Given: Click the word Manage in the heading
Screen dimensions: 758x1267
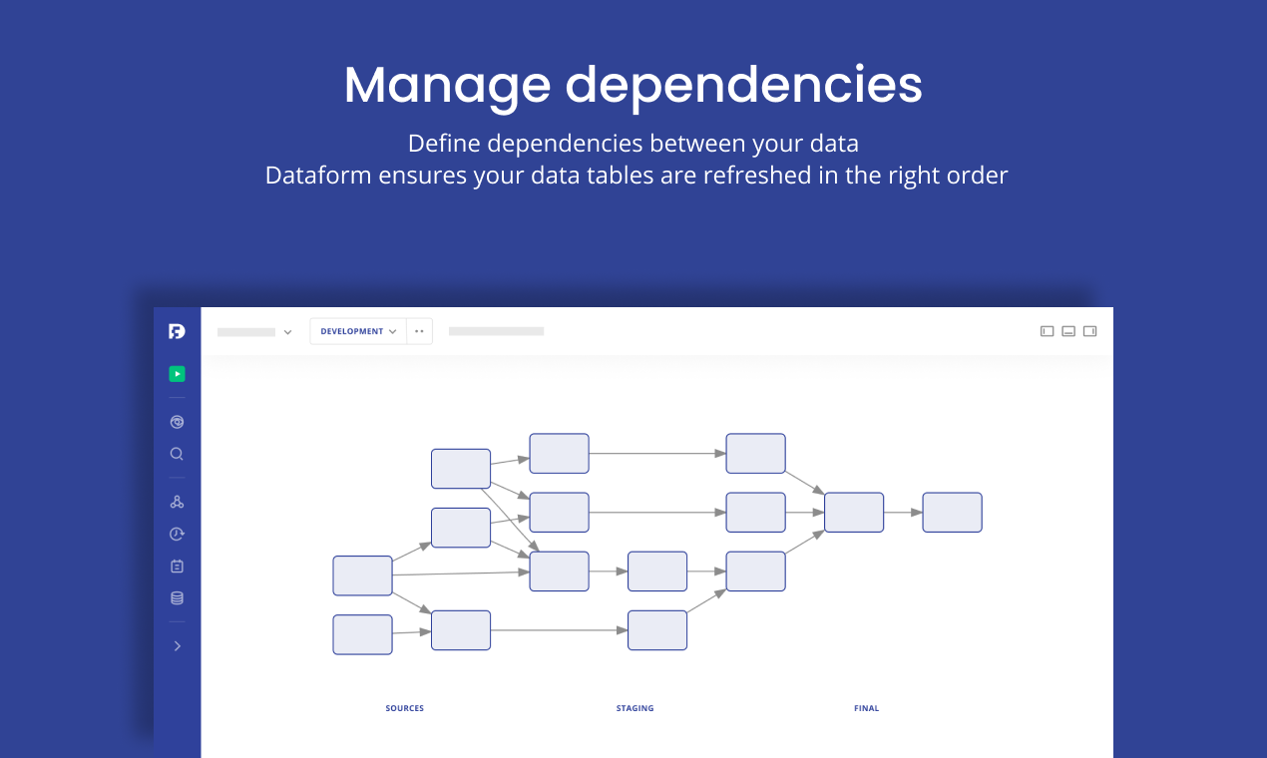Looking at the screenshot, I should click(x=446, y=86).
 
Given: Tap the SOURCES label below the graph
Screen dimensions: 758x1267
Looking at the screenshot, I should click(x=404, y=708).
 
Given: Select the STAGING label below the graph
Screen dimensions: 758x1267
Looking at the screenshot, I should click(x=634, y=708).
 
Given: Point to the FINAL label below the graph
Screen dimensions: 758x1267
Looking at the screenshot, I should click(x=866, y=708).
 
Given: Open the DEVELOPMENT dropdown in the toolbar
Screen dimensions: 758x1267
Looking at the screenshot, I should click(x=358, y=331).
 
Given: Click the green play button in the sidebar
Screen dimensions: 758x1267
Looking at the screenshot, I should click(x=177, y=374).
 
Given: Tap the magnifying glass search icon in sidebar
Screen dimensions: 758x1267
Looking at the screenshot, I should click(x=177, y=454).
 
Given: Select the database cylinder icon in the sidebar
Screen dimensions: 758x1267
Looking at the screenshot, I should click(x=177, y=598).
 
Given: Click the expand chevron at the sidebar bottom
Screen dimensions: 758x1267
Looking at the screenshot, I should click(x=177, y=646).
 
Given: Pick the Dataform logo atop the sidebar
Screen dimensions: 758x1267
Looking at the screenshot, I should click(x=177, y=331).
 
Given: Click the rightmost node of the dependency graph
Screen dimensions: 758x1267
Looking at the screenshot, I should click(x=952, y=512).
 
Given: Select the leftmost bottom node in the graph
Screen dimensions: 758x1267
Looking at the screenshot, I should click(x=362, y=634).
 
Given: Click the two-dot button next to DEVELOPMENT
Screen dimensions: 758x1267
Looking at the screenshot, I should click(x=419, y=331).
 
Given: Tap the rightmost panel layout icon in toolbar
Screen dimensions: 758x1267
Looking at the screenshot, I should click(x=1089, y=331).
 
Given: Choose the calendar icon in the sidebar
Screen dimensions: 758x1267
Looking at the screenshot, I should click(x=177, y=566).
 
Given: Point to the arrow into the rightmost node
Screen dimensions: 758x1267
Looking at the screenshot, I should click(x=903, y=513).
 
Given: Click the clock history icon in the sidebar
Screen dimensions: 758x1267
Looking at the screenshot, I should click(x=177, y=534).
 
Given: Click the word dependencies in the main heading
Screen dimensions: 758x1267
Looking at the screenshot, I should click(x=743, y=86).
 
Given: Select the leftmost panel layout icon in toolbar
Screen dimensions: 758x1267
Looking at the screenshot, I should click(x=1047, y=331).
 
